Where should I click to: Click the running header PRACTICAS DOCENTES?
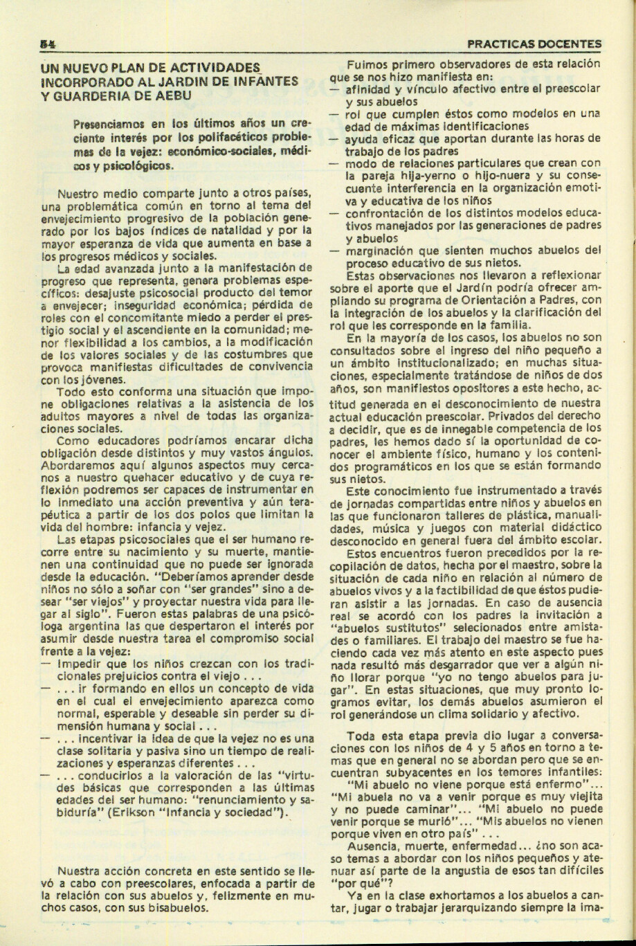(534, 43)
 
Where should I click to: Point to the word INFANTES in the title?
(264, 81)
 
